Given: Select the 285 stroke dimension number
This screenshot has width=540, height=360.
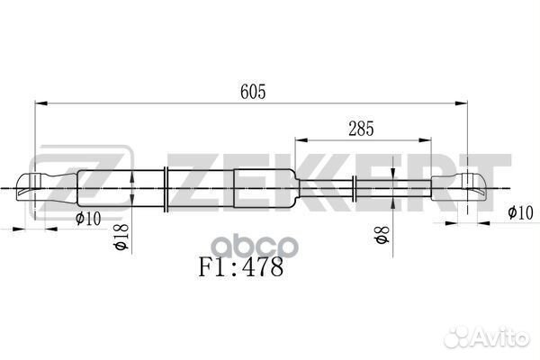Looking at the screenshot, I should [361, 128].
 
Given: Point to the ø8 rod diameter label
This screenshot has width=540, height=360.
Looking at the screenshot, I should [382, 236].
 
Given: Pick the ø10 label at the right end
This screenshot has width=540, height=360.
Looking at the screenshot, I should [521, 213].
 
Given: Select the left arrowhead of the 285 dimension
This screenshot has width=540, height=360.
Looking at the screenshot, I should [299, 139].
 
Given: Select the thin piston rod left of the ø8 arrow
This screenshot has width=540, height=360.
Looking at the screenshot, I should [324, 188].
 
